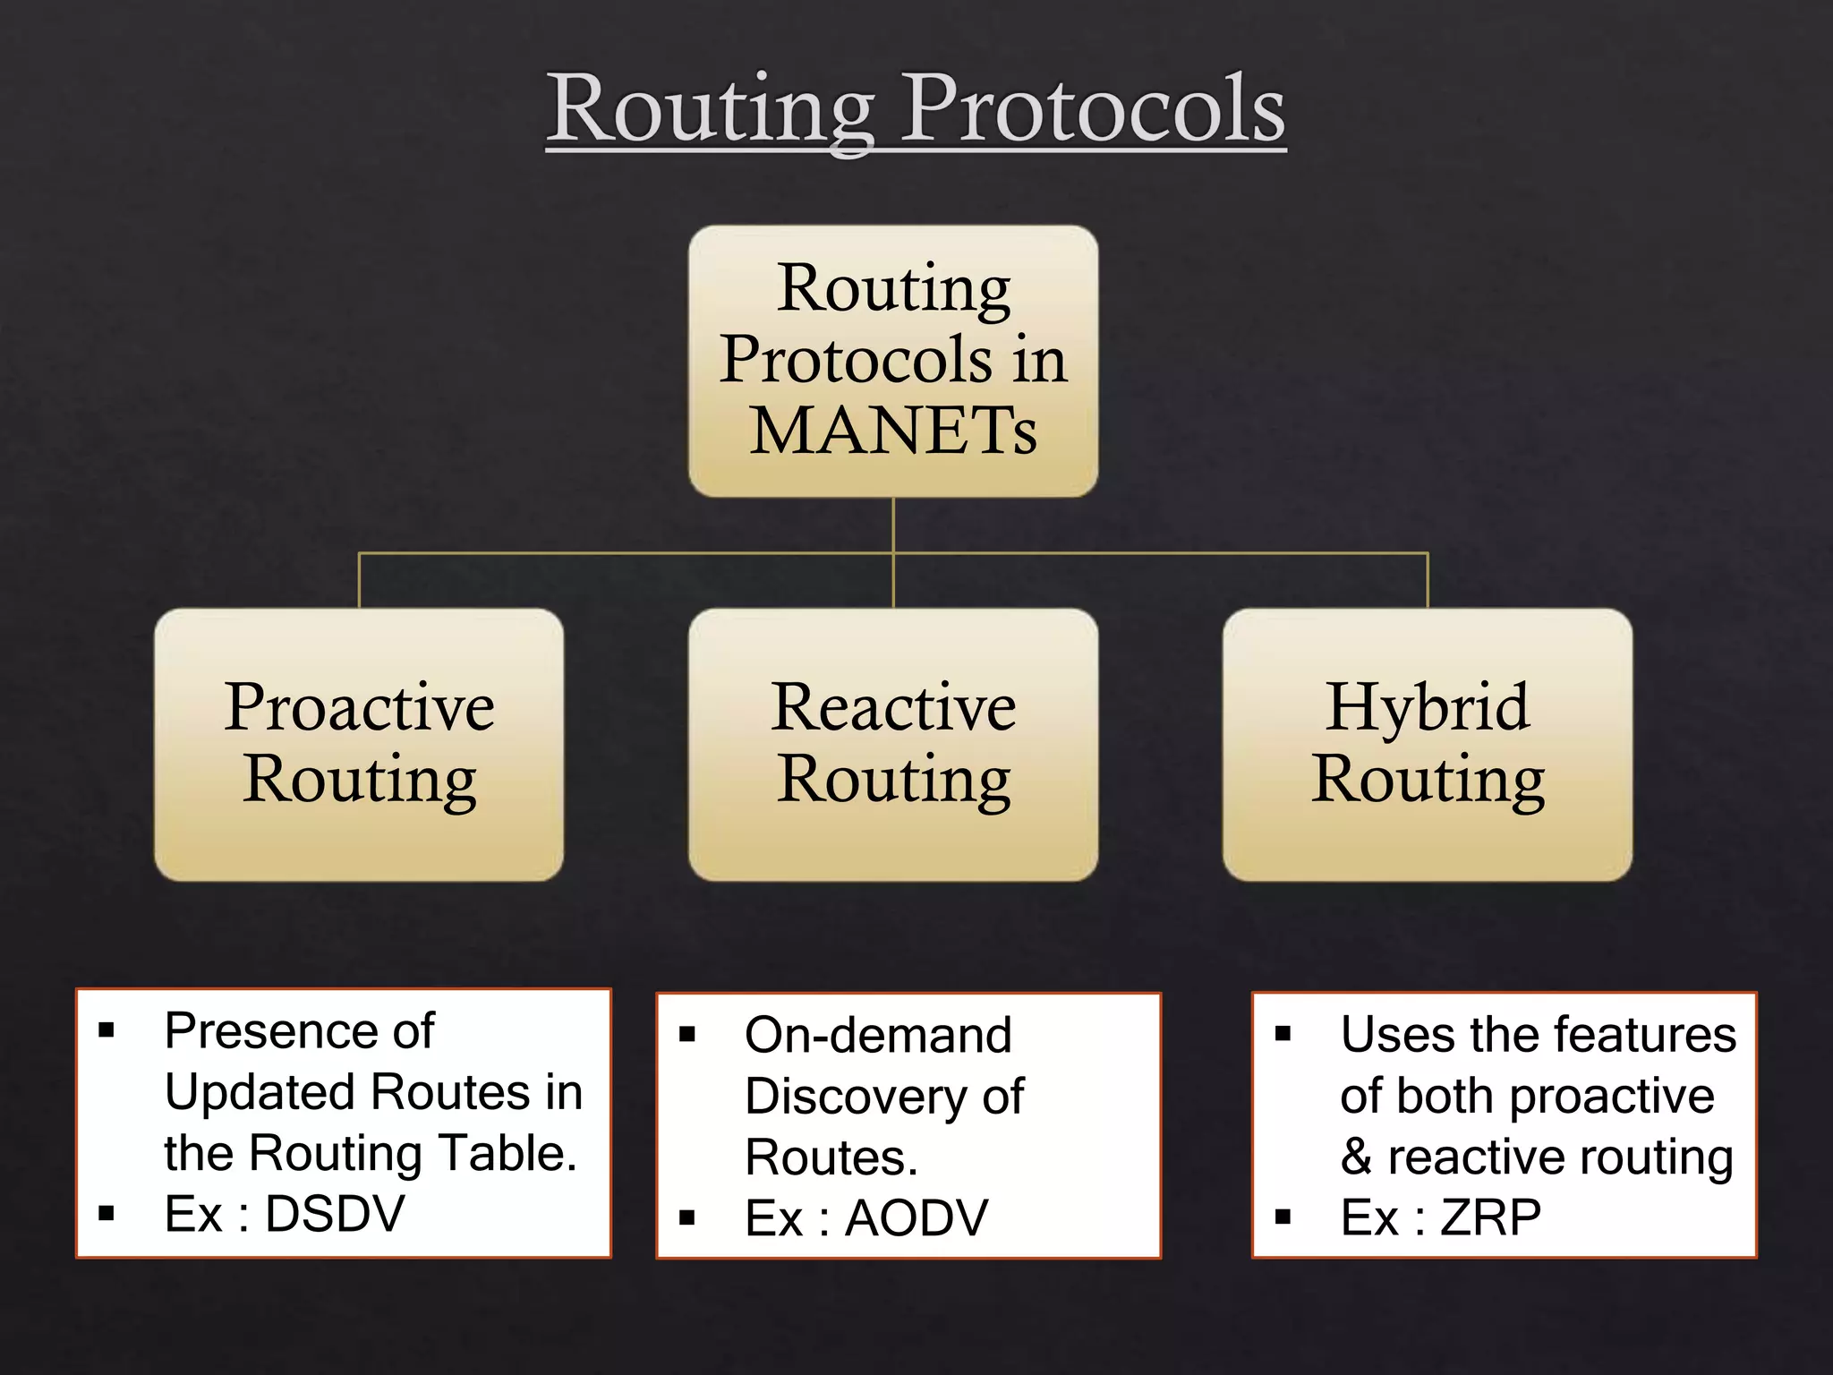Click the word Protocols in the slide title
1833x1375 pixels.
point(1093,108)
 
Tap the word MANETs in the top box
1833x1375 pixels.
point(893,431)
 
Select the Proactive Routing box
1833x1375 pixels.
point(359,744)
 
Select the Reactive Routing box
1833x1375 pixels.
point(893,744)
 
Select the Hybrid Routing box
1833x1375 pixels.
point(1428,744)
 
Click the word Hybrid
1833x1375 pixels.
point(1428,707)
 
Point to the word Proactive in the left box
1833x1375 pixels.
point(359,707)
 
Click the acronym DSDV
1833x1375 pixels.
point(335,1215)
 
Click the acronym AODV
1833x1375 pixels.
point(916,1218)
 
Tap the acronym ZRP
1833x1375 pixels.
point(1490,1217)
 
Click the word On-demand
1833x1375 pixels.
point(878,1036)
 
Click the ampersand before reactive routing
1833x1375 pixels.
point(1356,1157)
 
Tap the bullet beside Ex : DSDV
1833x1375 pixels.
point(107,1215)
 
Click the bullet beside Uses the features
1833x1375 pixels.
point(1283,1035)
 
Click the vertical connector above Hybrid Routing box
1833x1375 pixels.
point(1428,581)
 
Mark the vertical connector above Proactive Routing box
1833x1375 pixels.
point(359,581)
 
